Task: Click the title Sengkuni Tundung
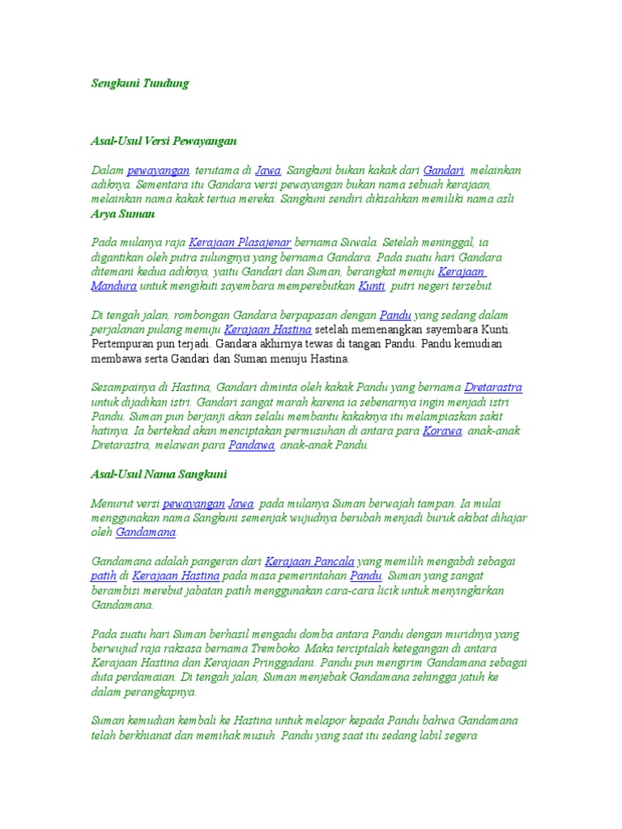[139, 83]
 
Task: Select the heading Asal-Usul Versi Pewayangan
[164, 141]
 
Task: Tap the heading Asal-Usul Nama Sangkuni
[159, 474]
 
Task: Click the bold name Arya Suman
[122, 215]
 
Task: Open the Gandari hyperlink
[443, 170]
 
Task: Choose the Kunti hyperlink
[371, 287]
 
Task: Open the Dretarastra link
[493, 388]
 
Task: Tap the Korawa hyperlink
[442, 432]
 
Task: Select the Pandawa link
[252, 446]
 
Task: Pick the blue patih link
[103, 576]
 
